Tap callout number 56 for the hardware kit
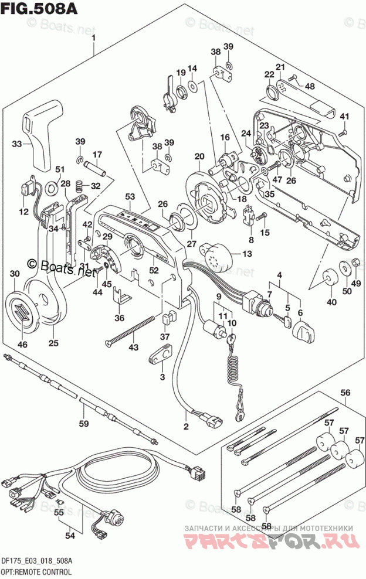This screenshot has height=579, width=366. point(345,393)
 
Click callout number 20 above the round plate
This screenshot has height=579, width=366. point(199,156)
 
